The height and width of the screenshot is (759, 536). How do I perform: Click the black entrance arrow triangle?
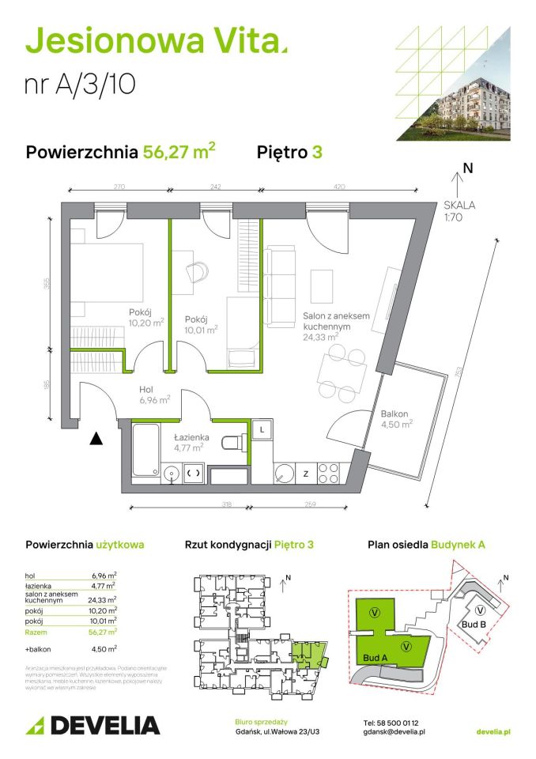96,437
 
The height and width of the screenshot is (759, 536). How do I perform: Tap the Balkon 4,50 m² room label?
394,419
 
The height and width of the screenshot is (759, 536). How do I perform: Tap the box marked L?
261,429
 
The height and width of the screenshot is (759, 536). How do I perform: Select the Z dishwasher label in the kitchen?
304,474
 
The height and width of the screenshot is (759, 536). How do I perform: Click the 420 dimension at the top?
338,187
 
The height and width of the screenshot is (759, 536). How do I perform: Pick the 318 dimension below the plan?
183,504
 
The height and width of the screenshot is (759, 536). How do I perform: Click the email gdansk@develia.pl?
394,733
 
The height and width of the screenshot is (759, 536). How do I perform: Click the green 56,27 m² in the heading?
179,153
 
